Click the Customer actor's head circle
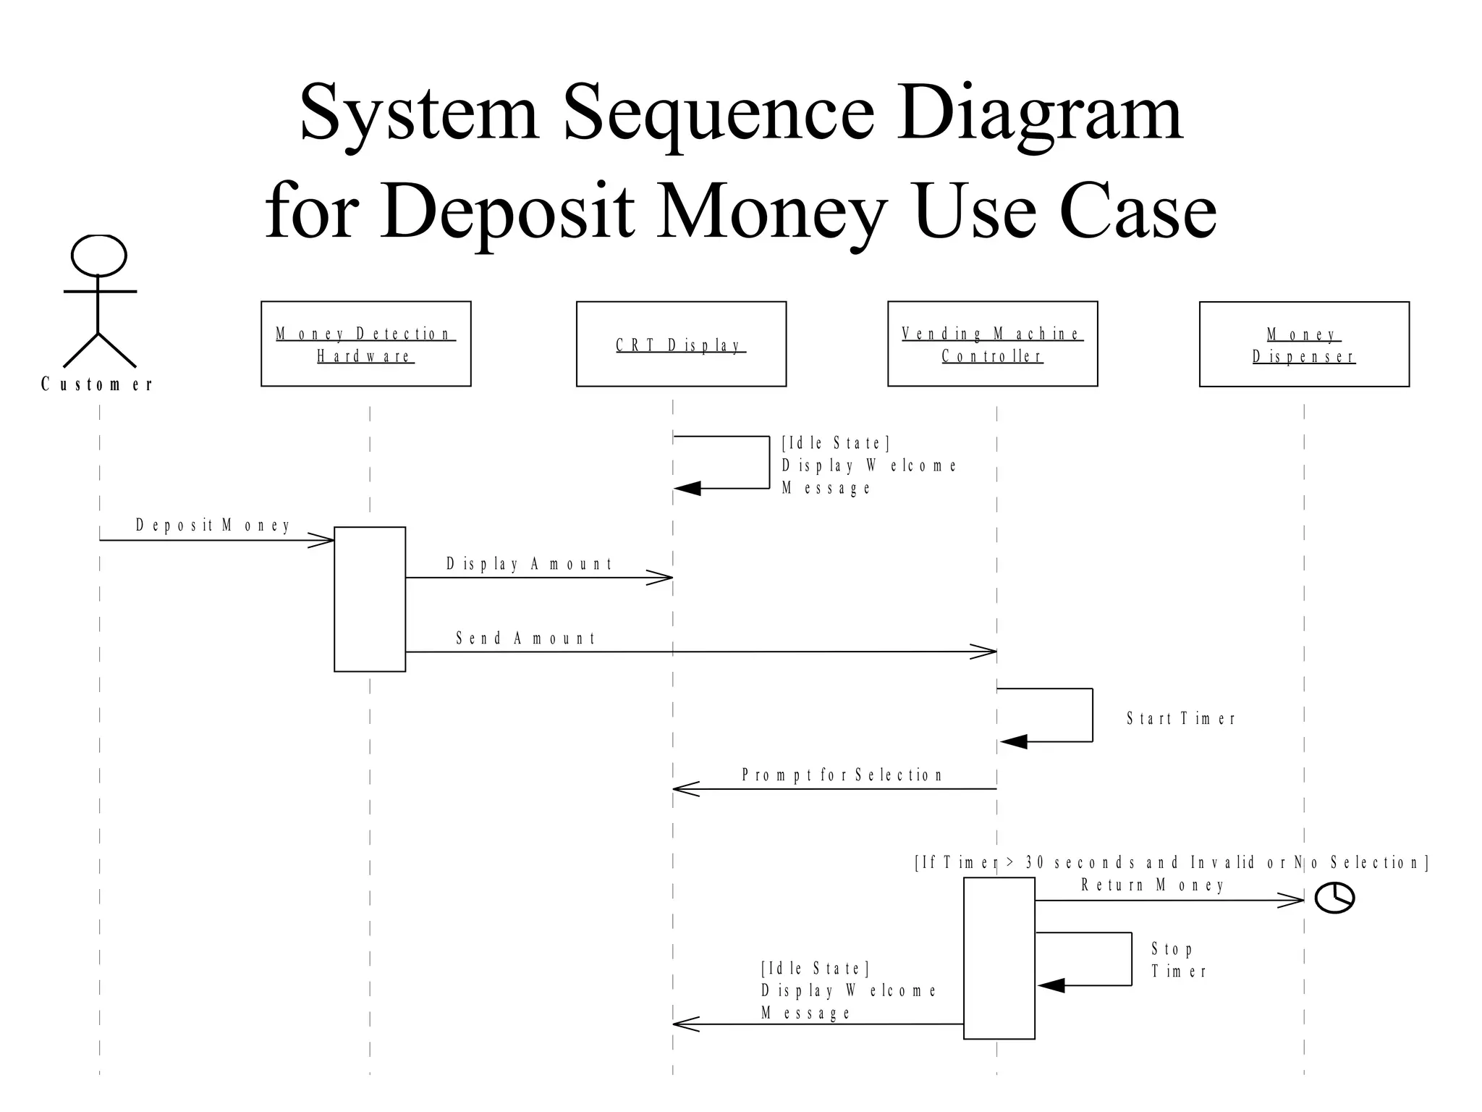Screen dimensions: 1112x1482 pos(99,255)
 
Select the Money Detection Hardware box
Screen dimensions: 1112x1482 pos(365,344)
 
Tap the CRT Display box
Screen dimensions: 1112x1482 pos(681,344)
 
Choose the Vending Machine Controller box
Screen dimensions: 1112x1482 pos(992,344)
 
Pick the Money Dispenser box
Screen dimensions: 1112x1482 pos(1304,345)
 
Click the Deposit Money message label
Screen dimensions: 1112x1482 pos(213,526)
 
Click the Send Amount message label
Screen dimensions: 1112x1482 pos(525,639)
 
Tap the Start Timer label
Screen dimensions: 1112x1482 pos(1181,719)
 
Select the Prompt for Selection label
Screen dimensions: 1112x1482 pos(842,775)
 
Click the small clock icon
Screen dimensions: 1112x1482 pos(1334,898)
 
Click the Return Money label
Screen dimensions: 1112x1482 pos(1152,885)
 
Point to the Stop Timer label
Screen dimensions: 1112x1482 pos(1178,960)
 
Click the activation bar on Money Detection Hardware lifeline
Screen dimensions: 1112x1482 pos(370,599)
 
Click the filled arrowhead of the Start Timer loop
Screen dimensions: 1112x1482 pos(1013,741)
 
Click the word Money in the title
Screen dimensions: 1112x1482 pos(771,211)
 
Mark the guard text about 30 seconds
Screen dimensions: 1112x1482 pos(1172,863)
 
